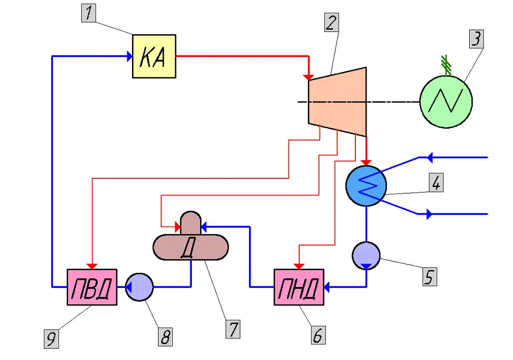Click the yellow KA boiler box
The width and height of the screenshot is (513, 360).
(x=154, y=56)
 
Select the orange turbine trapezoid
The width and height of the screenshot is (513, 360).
(x=337, y=101)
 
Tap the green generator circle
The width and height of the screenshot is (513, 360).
(x=446, y=101)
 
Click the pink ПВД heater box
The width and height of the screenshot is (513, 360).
(x=92, y=287)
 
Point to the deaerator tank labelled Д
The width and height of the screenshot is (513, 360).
(x=191, y=246)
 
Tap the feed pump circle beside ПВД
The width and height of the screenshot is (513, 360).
(x=139, y=287)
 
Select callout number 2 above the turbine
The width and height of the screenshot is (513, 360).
(x=331, y=23)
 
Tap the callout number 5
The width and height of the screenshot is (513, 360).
(x=428, y=276)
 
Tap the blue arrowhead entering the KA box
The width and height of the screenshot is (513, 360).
(x=129, y=56)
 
